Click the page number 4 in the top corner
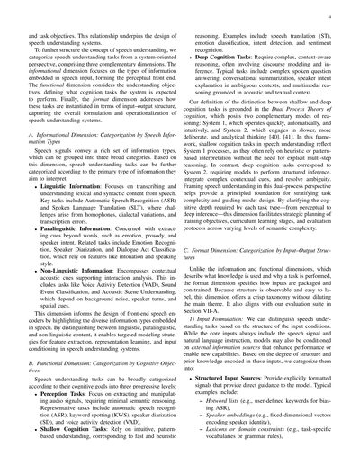tap(330, 15)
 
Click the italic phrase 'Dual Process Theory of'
tap(279, 129)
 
